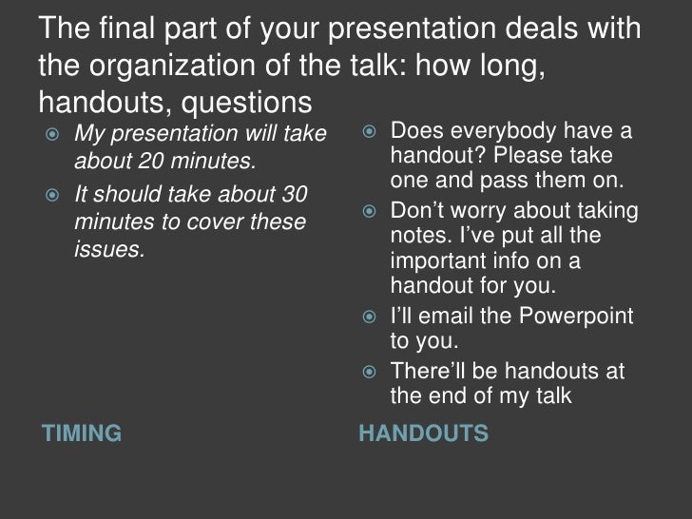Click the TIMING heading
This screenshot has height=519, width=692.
[x=81, y=434]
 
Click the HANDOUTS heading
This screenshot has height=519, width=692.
[x=423, y=434]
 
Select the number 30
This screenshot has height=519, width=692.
[x=290, y=195]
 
